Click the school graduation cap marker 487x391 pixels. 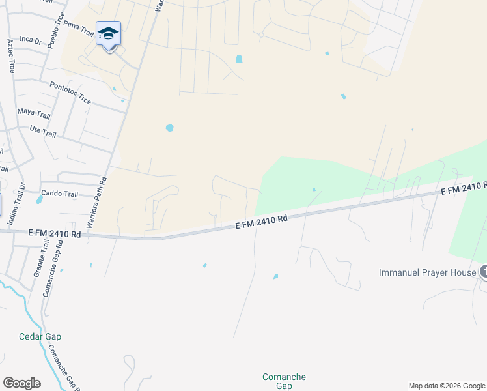click(x=109, y=34)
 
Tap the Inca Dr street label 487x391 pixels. click(x=31, y=40)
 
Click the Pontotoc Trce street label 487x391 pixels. click(x=70, y=93)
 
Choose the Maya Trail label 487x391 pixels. click(x=34, y=112)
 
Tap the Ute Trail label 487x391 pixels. click(x=43, y=132)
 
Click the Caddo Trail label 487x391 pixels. click(x=59, y=194)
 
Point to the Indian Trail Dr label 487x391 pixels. click(x=16, y=205)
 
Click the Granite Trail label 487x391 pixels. click(x=40, y=259)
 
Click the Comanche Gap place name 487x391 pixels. click(x=283, y=381)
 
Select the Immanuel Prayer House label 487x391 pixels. click(x=428, y=272)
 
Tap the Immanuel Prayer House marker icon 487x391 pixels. click(x=483, y=272)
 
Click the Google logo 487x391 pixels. click(x=21, y=383)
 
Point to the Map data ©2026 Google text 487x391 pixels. click(x=446, y=386)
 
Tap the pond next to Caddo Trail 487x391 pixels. click(x=39, y=199)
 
